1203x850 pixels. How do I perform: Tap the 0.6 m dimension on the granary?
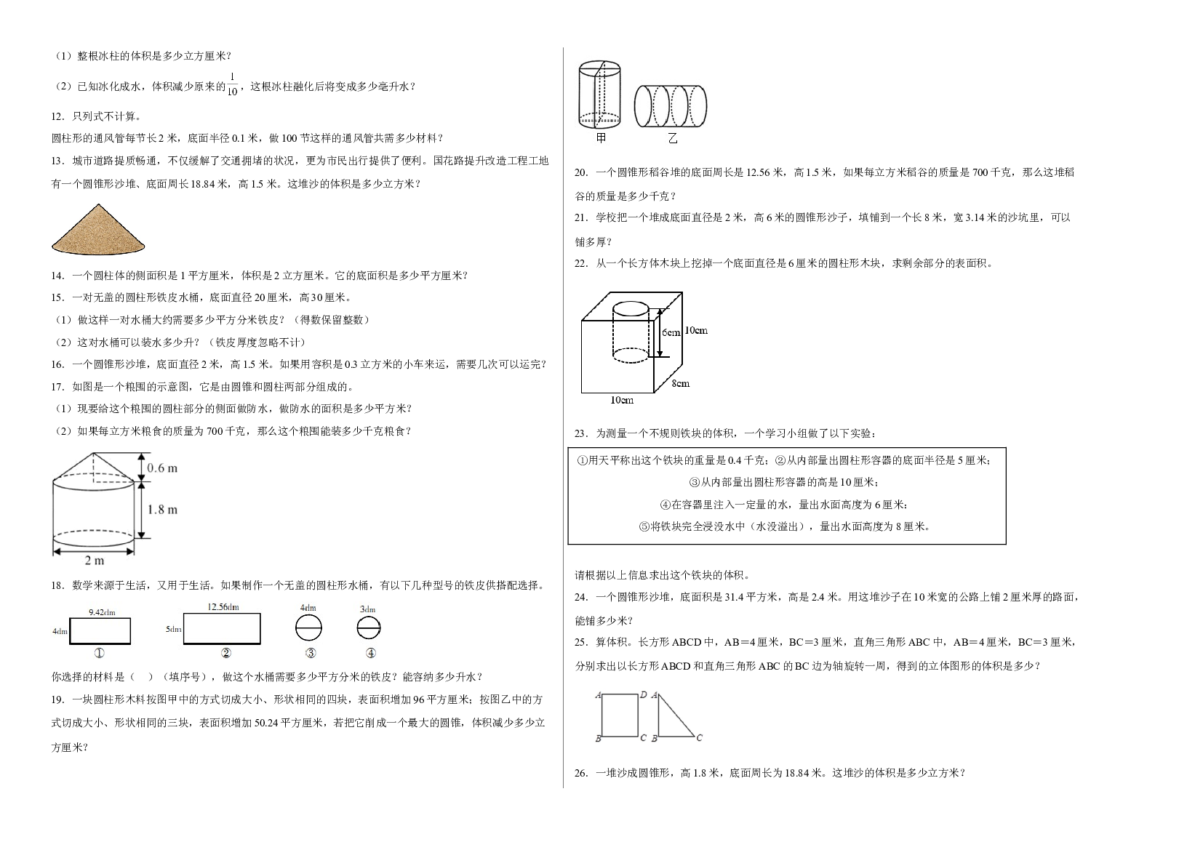pyautogui.click(x=161, y=468)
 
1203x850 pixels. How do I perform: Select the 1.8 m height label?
pyautogui.click(x=162, y=510)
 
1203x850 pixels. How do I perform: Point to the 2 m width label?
pyautogui.click(x=95, y=561)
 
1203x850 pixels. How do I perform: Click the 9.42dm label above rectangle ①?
pyautogui.click(x=102, y=612)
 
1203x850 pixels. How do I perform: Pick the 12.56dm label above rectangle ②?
pyautogui.click(x=223, y=606)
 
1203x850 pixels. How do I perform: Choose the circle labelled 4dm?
pyautogui.click(x=309, y=628)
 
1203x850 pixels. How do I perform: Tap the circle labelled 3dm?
pyautogui.click(x=369, y=628)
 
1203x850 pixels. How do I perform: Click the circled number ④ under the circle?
pyautogui.click(x=370, y=654)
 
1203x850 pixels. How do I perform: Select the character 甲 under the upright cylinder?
pyautogui.click(x=601, y=138)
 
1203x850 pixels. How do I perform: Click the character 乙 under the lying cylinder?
pyautogui.click(x=672, y=139)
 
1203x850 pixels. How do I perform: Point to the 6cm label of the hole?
pyautogui.click(x=671, y=332)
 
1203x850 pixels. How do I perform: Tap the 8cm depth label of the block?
pyautogui.click(x=681, y=383)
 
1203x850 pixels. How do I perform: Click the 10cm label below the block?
pyautogui.click(x=622, y=400)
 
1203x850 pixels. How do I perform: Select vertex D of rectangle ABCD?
pyautogui.click(x=644, y=695)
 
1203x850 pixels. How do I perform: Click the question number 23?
pyautogui.click(x=581, y=433)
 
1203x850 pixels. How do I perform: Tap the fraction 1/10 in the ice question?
pyautogui.click(x=232, y=85)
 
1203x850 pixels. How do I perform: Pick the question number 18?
pyautogui.click(x=58, y=586)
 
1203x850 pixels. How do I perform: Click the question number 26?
pyautogui.click(x=581, y=773)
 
